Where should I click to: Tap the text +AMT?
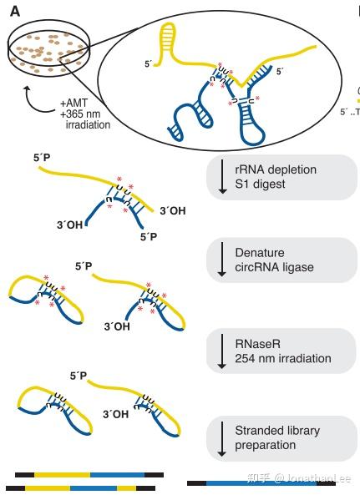(x=76, y=104)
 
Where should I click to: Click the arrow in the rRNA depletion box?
(x=222, y=177)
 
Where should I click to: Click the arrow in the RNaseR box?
(x=222, y=351)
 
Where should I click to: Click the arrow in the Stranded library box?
(x=222, y=438)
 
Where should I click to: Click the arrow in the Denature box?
(x=222, y=260)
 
